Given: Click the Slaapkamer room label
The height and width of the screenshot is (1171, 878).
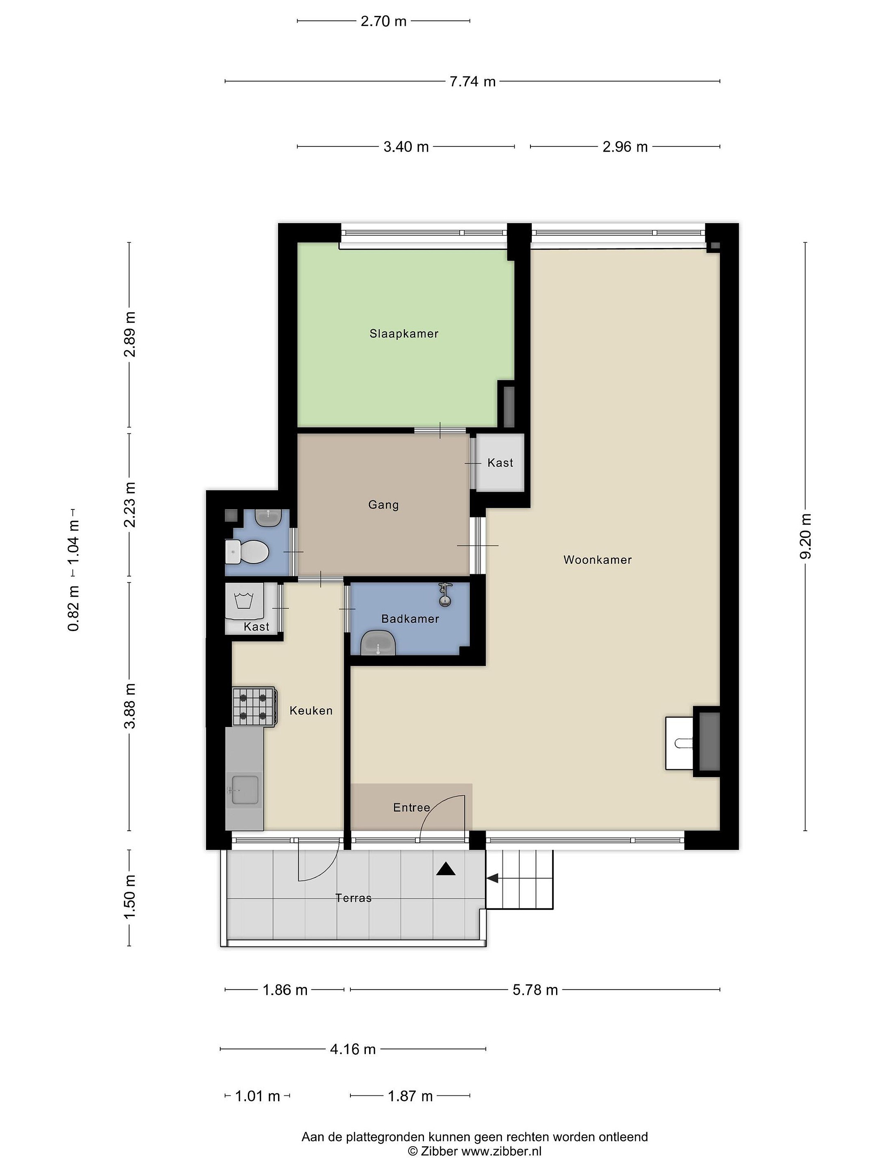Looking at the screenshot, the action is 404,333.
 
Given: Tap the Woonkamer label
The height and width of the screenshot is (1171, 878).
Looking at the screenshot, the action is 598,559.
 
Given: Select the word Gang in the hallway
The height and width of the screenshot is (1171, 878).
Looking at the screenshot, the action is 383,505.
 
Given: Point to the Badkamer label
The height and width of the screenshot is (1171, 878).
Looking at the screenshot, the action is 410,618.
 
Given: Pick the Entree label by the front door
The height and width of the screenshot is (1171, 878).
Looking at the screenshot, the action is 411,808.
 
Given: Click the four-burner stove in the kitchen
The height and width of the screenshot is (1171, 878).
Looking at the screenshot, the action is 254,707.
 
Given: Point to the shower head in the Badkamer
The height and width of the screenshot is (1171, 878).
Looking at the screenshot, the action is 445,594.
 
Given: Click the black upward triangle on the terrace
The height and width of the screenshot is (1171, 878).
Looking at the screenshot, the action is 446,869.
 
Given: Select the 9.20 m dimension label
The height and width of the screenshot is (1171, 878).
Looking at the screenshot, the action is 806,536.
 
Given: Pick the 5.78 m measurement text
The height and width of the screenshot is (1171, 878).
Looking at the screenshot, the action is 535,990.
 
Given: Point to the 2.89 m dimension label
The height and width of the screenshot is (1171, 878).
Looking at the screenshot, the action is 130,334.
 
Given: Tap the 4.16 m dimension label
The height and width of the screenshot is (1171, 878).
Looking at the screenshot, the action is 353,1049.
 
